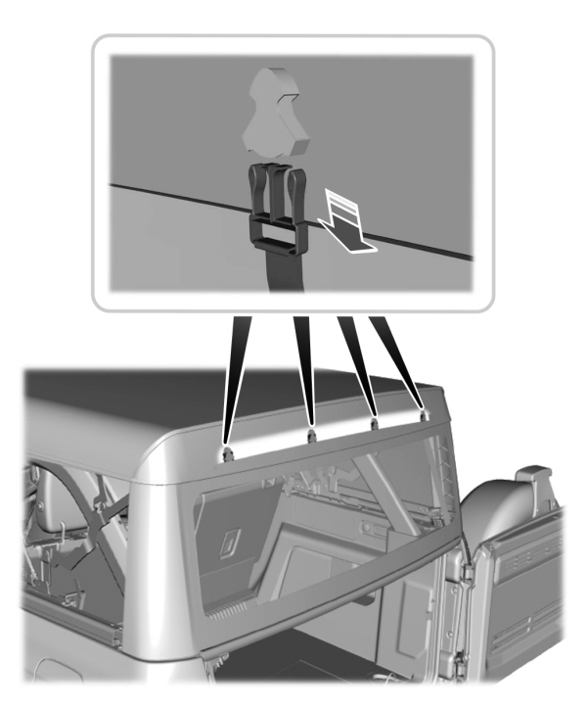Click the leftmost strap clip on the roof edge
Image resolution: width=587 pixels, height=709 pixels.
226,453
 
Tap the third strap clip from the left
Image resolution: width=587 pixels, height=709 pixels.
374,424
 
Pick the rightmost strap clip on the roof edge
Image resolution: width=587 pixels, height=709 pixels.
423,414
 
